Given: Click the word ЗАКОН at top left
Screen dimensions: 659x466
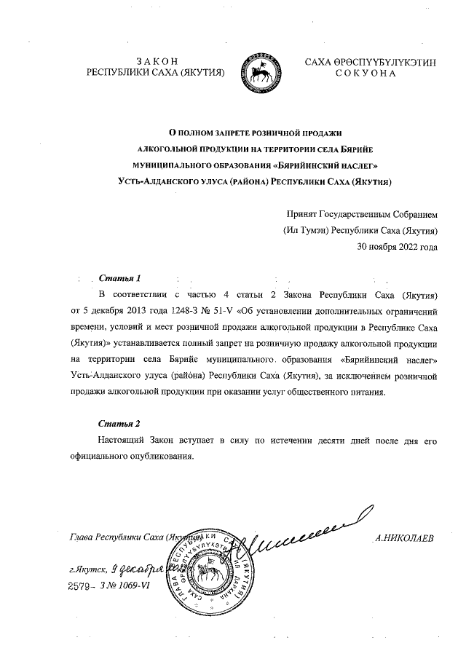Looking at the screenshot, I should pyautogui.click(x=157, y=61).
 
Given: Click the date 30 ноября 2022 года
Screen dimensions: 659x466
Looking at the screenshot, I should pyautogui.click(x=397, y=246).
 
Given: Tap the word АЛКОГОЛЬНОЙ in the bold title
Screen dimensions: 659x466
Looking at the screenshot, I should pyautogui.click(x=158, y=148).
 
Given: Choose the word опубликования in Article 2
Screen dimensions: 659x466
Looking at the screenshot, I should pyautogui.click(x=159, y=456).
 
